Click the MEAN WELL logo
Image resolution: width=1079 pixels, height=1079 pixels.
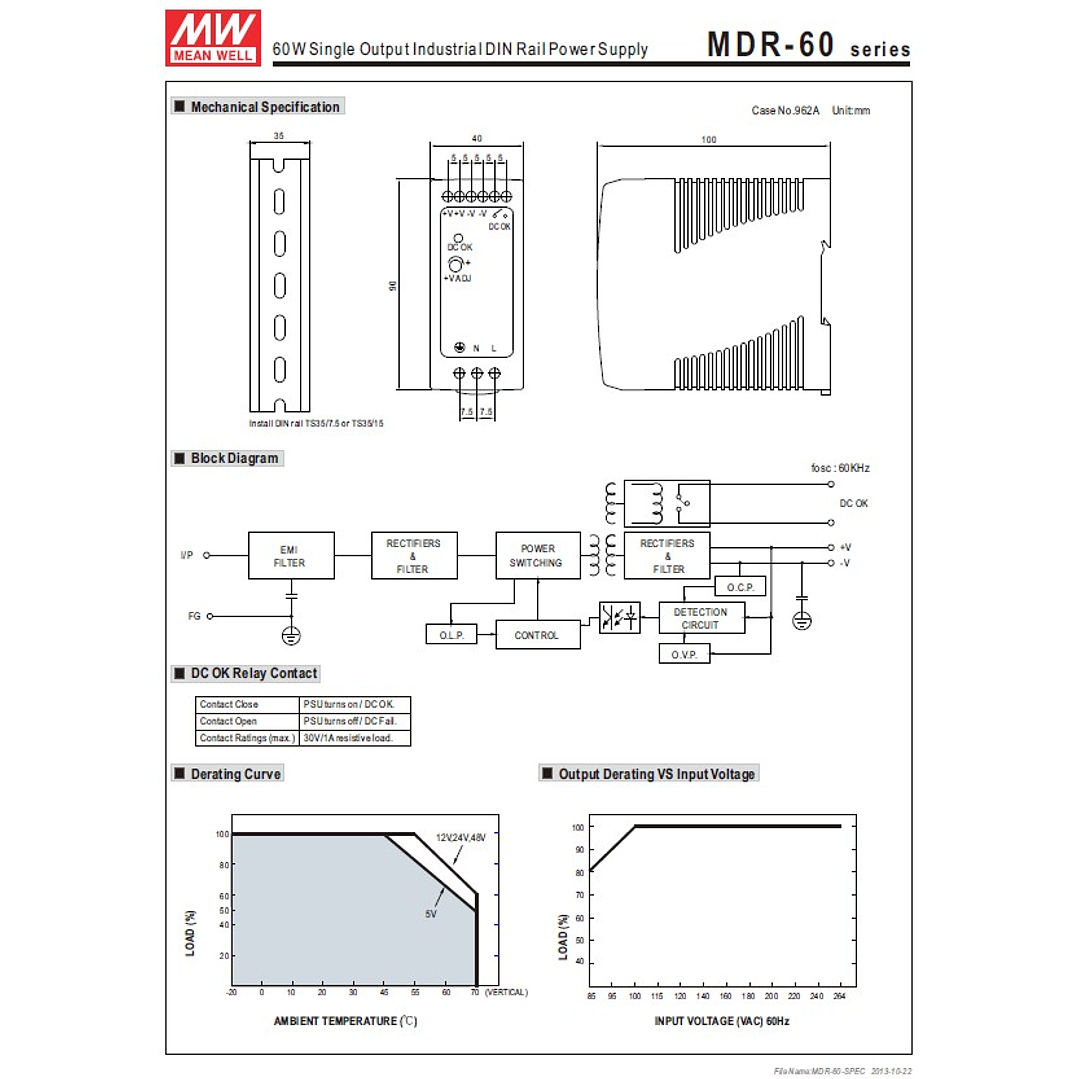click(x=213, y=38)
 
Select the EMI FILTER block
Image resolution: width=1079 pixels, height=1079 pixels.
click(x=291, y=556)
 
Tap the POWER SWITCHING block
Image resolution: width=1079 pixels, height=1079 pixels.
click(x=538, y=556)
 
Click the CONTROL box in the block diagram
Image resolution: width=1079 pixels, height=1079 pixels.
click(x=537, y=636)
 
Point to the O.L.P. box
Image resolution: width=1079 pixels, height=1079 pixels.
click(x=451, y=636)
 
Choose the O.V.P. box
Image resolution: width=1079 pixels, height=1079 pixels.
click(x=684, y=655)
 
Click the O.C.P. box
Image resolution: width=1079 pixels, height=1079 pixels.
click(x=740, y=587)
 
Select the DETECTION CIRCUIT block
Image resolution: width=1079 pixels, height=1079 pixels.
click(x=701, y=618)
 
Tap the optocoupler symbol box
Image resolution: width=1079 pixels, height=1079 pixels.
click(x=619, y=618)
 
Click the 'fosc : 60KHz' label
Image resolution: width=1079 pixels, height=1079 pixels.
click(x=840, y=468)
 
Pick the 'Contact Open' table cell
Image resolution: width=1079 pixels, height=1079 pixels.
click(x=247, y=721)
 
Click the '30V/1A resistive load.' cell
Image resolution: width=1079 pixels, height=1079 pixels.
click(x=355, y=738)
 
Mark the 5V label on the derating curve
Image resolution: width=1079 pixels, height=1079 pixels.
click(x=431, y=914)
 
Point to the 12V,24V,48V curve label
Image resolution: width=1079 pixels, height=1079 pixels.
click(x=460, y=837)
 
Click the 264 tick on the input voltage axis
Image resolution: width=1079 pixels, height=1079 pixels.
click(x=839, y=997)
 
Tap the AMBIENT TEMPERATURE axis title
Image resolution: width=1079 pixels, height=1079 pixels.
click(x=345, y=1021)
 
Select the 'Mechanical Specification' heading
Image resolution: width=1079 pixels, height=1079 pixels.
click(x=265, y=107)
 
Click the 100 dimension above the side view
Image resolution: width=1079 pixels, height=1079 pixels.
click(x=709, y=140)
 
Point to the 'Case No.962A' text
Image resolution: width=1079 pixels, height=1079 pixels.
click(x=785, y=111)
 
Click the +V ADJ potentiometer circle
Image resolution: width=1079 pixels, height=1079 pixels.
click(x=456, y=264)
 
